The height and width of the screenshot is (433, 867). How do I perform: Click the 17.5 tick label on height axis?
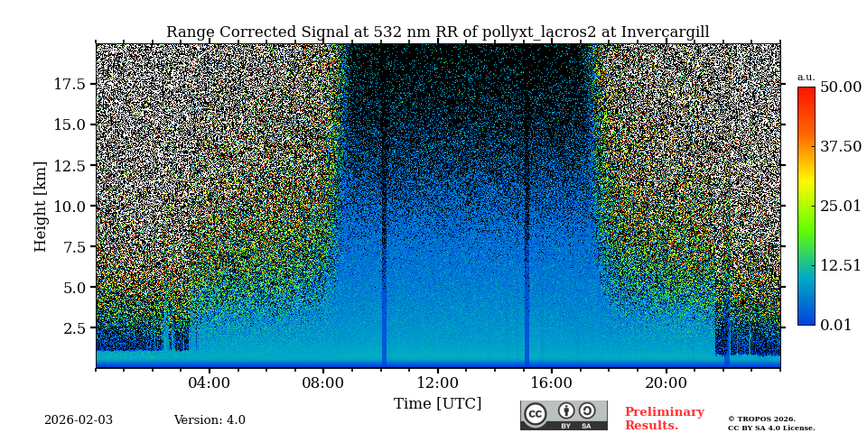tap(70, 84)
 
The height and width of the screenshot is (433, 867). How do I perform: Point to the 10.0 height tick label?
tap(70, 206)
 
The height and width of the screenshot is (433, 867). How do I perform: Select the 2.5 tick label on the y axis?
tap(74, 327)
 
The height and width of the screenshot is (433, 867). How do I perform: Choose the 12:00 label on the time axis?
tap(437, 382)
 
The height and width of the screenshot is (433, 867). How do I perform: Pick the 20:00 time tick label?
tap(666, 382)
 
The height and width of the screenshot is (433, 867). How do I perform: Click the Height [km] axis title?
tap(41, 206)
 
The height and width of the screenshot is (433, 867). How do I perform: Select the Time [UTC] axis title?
tap(437, 404)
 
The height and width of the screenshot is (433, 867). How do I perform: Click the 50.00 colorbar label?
tap(840, 88)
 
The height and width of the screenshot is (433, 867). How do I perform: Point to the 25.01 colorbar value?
tap(840, 207)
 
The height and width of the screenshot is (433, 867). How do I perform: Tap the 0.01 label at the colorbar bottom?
tap(835, 325)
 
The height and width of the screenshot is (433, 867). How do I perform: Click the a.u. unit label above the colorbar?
tap(806, 77)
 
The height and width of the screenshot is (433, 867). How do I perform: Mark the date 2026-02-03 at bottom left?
tap(79, 420)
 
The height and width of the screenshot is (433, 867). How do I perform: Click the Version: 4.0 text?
tap(210, 420)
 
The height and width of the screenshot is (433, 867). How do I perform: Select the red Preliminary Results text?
tap(664, 419)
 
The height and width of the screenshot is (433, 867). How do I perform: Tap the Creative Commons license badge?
tap(564, 415)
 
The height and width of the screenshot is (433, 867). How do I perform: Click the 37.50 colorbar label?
tap(840, 147)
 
